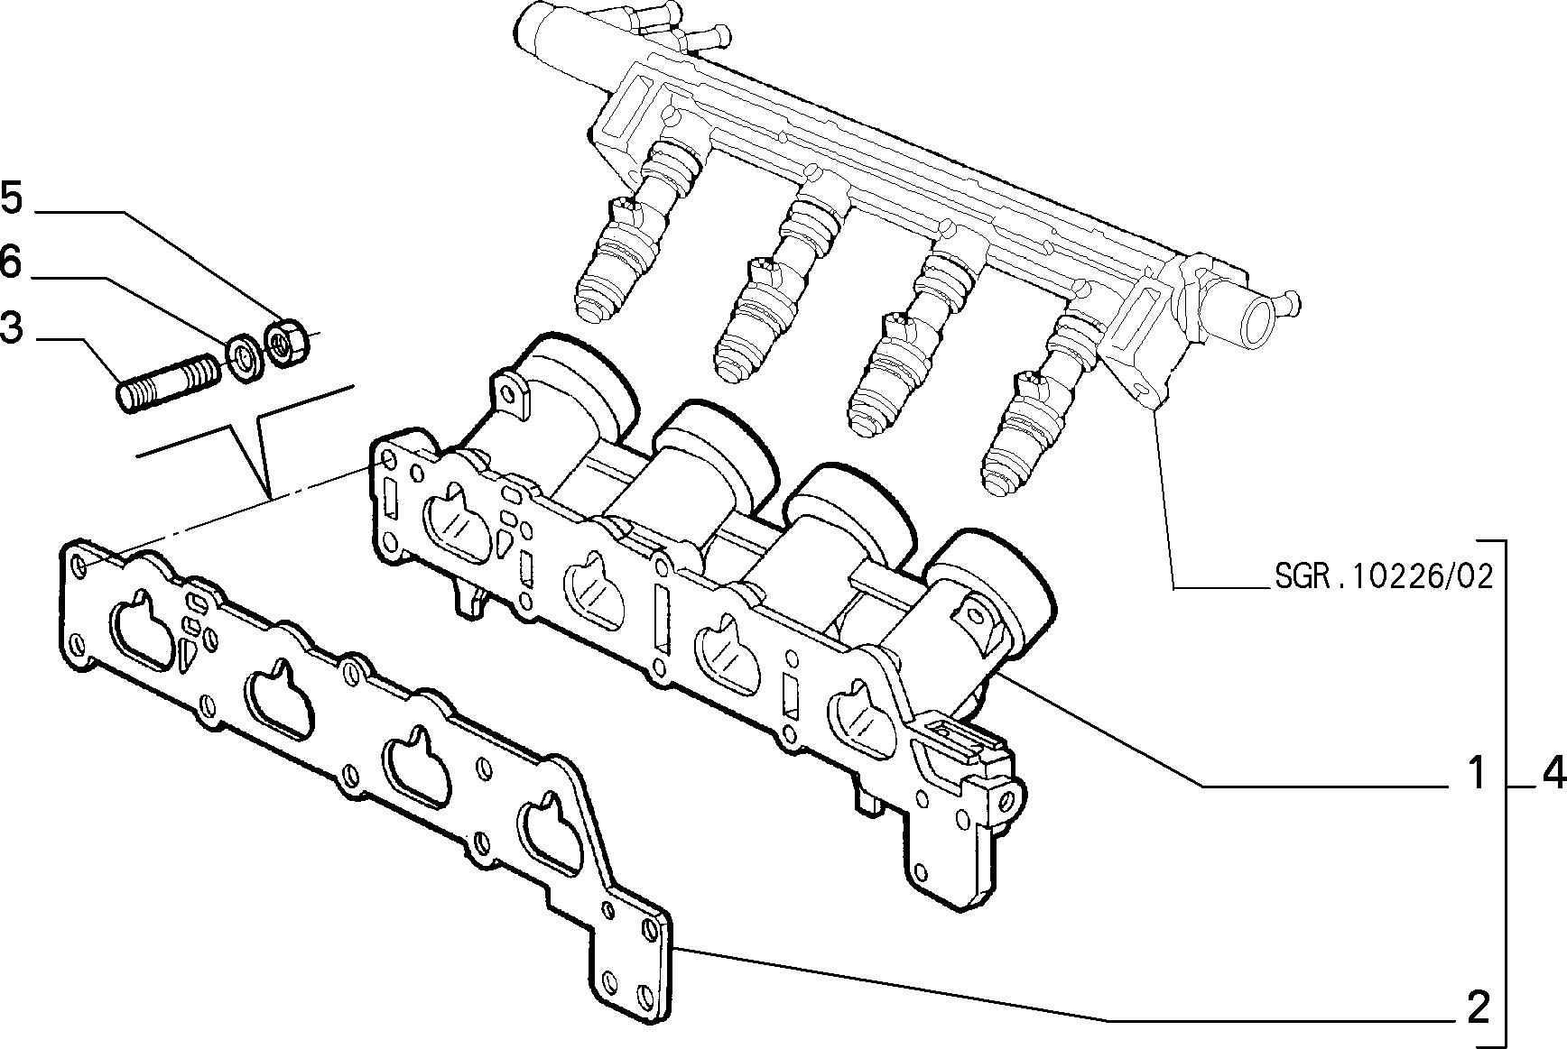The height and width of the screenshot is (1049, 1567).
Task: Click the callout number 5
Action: point(12,198)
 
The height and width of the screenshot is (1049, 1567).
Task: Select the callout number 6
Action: point(12,263)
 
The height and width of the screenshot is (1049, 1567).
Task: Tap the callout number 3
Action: point(12,329)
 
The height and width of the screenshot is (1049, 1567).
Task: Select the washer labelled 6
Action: point(245,356)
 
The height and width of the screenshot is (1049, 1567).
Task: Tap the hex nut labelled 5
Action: point(288,342)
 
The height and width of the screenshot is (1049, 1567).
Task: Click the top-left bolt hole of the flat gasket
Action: point(79,566)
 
